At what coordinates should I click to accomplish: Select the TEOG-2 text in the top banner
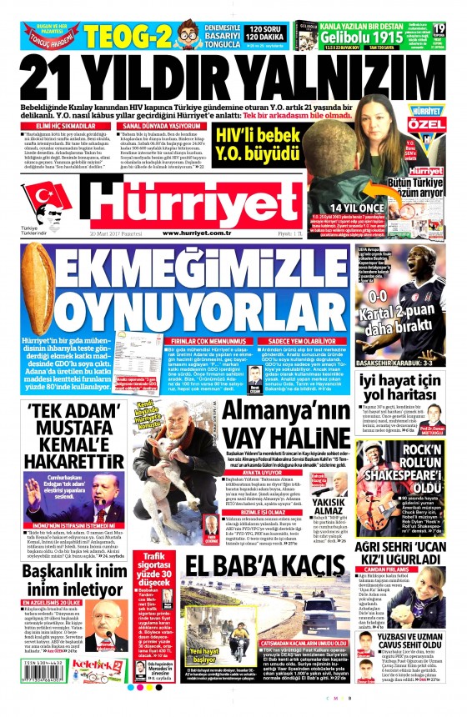click(x=116, y=34)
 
